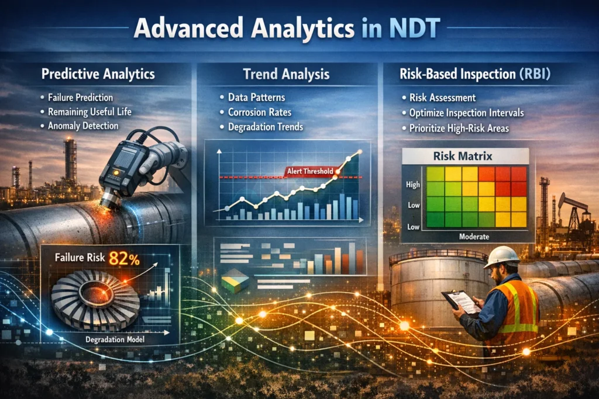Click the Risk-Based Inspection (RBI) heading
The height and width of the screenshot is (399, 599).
click(x=476, y=74)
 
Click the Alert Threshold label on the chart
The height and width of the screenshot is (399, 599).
click(x=309, y=171)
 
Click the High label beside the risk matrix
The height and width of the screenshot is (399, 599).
click(x=412, y=185)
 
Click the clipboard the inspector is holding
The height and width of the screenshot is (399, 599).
click(x=461, y=300)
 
